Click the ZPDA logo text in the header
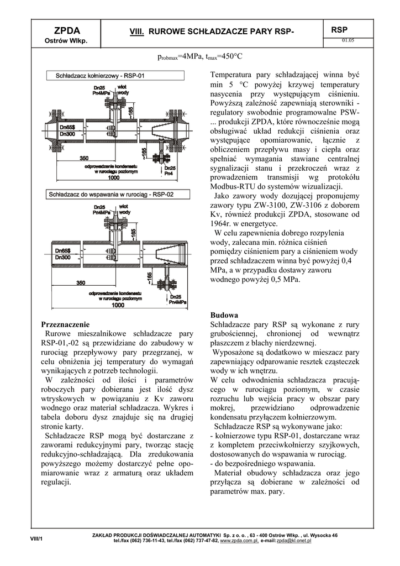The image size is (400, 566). tap(65, 30)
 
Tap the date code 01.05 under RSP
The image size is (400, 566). tap(348, 40)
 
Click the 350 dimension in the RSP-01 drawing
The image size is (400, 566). tap(69, 159)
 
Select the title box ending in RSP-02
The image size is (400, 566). tap(111, 195)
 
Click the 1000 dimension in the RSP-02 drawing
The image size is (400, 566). tap(118, 305)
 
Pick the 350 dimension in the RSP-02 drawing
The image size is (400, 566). tap(81, 283)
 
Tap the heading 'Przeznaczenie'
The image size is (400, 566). tap(65, 324)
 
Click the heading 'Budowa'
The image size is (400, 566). tap(225, 315)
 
